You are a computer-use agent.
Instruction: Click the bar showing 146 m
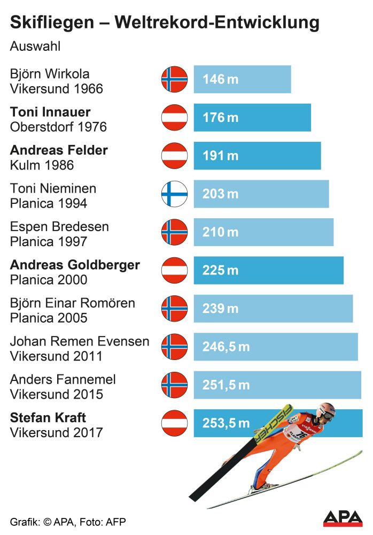[242, 79]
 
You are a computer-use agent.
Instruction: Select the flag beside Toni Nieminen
[175, 194]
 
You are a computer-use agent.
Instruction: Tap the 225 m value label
[220, 271]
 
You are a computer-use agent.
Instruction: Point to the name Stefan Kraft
[48, 417]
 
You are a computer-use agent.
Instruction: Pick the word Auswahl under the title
[35, 46]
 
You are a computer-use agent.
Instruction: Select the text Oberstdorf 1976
[58, 127]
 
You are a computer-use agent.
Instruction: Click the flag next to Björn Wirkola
[175, 79]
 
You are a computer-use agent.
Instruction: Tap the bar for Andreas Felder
[257, 156]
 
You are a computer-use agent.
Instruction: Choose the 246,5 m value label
[226, 347]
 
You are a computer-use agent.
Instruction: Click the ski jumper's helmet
[327, 410]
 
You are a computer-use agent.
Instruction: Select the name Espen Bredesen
[59, 226]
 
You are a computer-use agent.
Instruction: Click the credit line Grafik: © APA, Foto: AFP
[68, 521]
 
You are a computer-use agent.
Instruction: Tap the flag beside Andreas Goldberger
[175, 270]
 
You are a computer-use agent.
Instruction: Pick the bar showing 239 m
[273, 309]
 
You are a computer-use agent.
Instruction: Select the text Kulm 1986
[42, 165]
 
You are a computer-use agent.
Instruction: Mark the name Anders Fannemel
[63, 379]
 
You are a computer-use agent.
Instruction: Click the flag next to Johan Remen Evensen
[175, 347]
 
